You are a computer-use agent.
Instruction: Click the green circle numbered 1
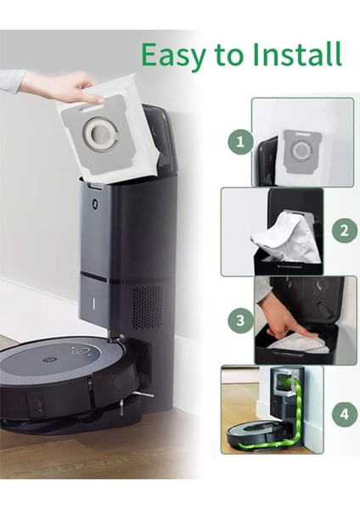[239, 142]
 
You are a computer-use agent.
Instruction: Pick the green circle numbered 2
[344, 230]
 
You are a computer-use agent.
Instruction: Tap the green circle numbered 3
[241, 321]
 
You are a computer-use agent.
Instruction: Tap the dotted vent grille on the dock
[146, 306]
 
